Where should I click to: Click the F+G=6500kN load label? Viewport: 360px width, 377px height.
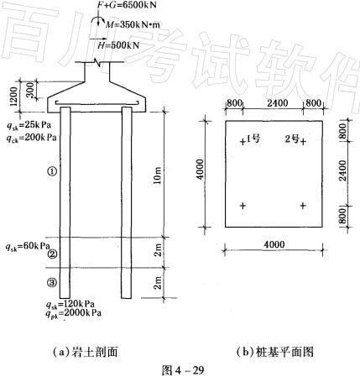127,5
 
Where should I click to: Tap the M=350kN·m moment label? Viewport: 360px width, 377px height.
133,24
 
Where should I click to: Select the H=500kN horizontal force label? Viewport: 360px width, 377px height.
118,45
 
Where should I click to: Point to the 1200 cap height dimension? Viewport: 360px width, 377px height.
13,96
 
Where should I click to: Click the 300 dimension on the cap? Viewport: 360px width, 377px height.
29,90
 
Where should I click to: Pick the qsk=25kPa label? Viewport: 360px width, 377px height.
29,125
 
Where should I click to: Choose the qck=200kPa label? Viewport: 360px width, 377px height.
32,138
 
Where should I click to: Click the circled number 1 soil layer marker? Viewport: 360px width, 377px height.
52,171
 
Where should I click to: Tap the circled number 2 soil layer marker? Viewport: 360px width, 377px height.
52,254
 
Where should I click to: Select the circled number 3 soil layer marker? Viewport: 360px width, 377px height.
52,283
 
